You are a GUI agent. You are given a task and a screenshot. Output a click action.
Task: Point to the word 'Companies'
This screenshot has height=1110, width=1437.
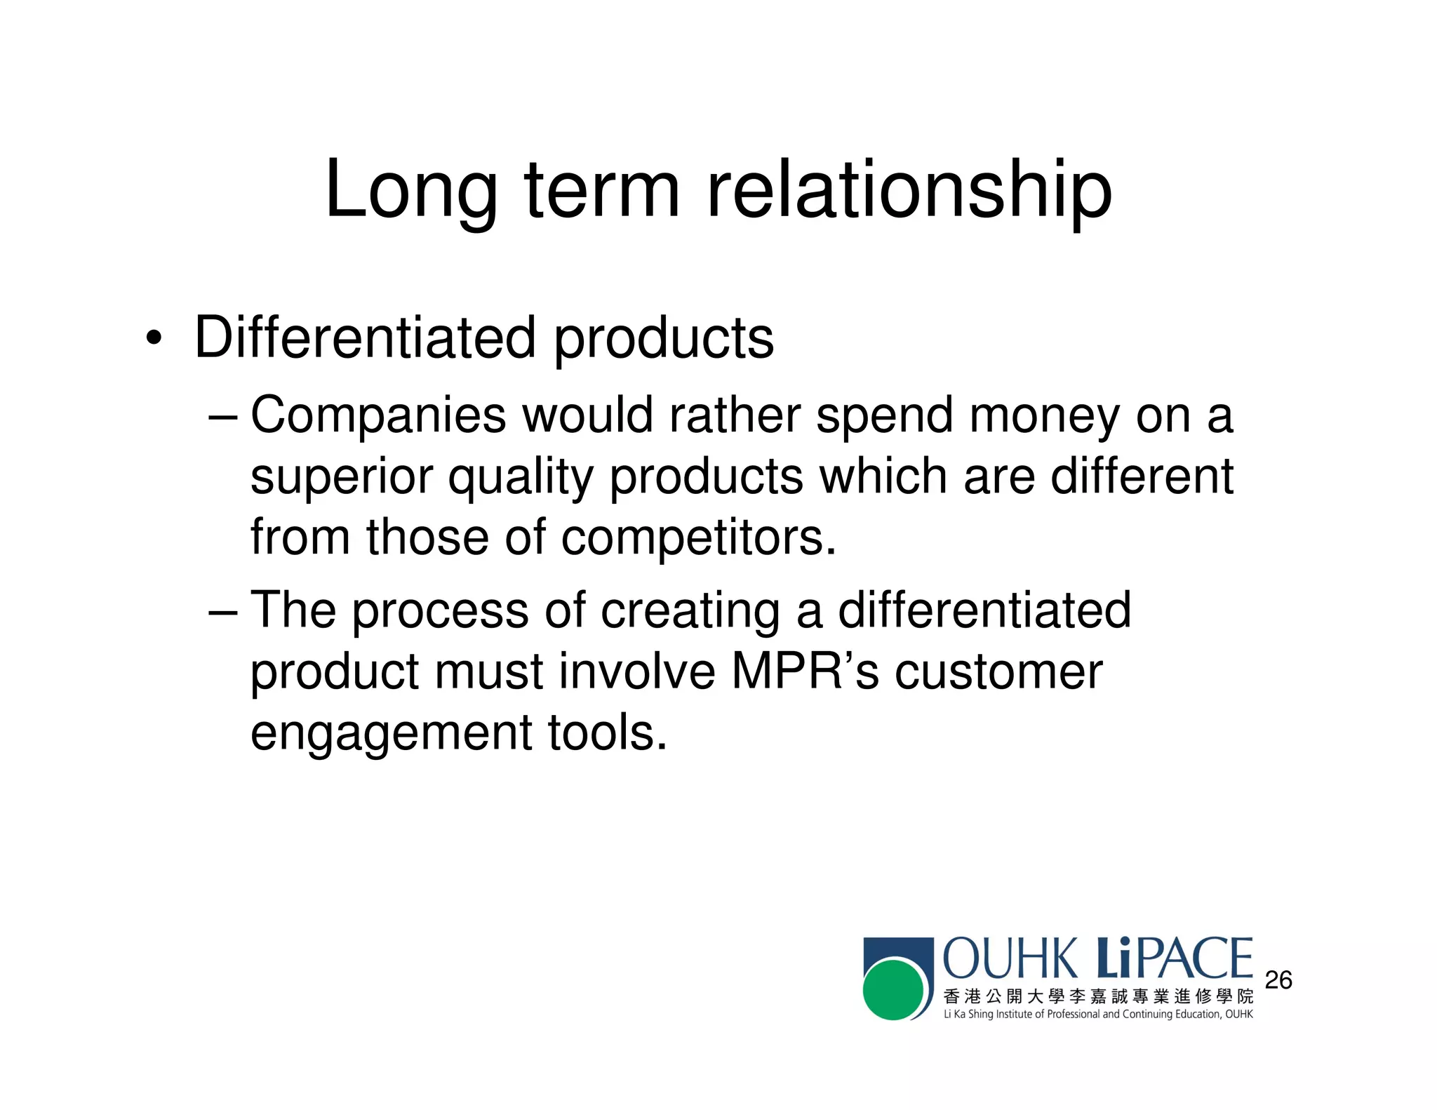[x=378, y=415]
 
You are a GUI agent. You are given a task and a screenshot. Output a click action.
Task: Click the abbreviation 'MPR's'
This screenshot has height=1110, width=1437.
[x=805, y=671]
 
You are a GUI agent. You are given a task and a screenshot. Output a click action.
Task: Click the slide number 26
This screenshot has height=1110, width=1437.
[x=1278, y=980]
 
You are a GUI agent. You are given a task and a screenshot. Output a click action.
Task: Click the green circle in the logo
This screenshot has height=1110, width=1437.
[x=893, y=990]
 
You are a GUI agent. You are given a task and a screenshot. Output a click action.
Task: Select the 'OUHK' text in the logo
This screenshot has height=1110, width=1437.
[x=1011, y=958]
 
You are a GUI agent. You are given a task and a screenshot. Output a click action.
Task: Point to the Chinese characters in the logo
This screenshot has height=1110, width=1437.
[x=1098, y=996]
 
